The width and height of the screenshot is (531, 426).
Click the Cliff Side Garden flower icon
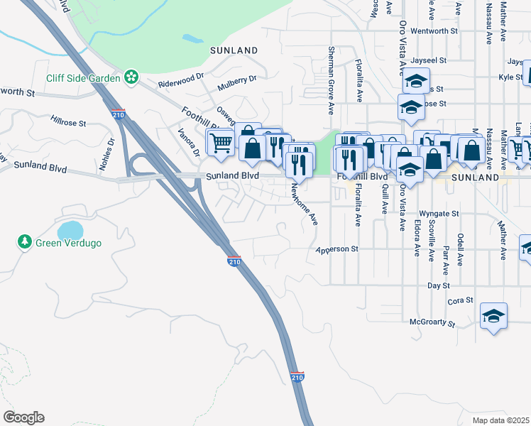point(131,77)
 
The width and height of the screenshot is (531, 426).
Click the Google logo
point(23,417)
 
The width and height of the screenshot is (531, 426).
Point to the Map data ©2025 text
point(500,420)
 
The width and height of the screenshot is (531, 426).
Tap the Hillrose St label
point(68,122)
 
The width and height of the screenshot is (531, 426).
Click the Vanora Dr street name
point(188,143)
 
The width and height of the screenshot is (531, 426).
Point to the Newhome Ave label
point(305,204)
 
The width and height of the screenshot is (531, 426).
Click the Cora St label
point(461,301)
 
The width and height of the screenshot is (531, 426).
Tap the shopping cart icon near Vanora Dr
point(220,142)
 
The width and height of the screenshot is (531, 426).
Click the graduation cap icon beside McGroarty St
point(494,317)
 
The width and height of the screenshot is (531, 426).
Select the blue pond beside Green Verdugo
point(70,230)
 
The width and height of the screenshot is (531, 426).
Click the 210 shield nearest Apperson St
point(234,262)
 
